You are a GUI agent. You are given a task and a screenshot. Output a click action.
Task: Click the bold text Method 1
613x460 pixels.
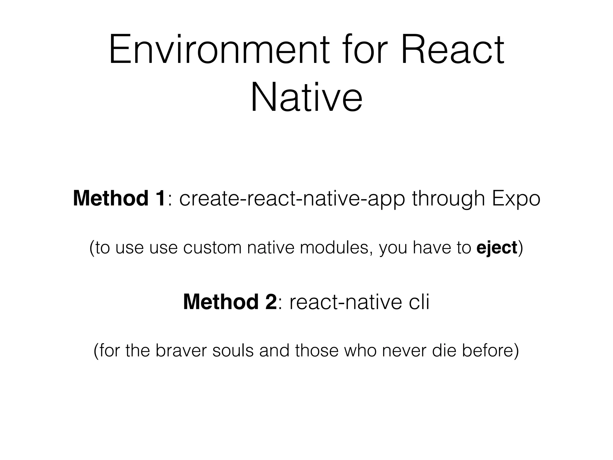pos(119,199)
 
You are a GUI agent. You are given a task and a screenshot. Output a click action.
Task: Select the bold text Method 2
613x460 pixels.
pos(230,302)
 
